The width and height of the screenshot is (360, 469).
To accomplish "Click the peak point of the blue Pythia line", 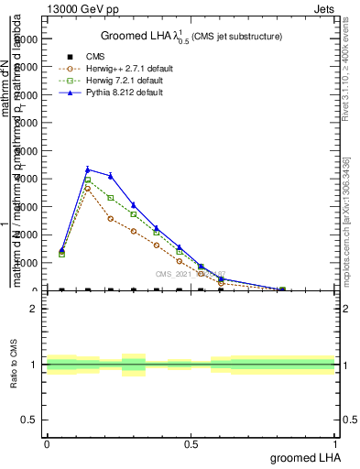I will pyautogui.click(x=87, y=169).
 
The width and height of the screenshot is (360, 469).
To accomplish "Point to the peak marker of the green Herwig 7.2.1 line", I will pyautogui.click(x=87, y=180).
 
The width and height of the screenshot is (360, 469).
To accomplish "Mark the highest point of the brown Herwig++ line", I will pyautogui.click(x=87, y=188).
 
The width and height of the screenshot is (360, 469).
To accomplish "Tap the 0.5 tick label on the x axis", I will pyautogui.click(x=191, y=442).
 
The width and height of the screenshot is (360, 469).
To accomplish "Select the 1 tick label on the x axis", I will pyautogui.click(x=334, y=442).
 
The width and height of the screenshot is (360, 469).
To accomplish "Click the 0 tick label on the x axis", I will pyautogui.click(x=47, y=442).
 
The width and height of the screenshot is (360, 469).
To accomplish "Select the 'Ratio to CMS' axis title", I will pyautogui.click(x=14, y=365).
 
